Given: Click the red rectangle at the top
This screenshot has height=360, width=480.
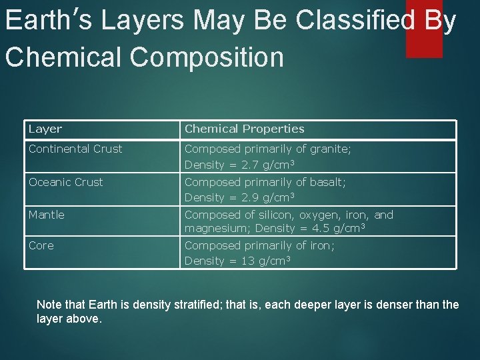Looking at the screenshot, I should tap(424, 28).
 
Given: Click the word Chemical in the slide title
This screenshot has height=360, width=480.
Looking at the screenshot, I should tap(64, 57).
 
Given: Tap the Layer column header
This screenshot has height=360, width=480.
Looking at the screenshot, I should tap(45, 129).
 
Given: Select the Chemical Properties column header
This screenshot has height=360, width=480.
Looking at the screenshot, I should tap(244, 129).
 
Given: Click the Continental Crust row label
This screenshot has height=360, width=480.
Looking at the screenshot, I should tap(75, 149).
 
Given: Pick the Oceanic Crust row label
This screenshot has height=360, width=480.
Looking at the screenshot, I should tap(66, 182).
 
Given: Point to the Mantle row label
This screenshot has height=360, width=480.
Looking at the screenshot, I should tap(47, 215).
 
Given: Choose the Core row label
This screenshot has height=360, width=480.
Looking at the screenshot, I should tap(41, 245).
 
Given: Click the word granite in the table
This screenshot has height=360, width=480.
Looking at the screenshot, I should tap(329, 149).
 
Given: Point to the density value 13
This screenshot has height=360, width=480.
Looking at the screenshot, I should tap(247, 261).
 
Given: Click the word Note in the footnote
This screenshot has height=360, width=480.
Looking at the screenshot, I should tap(49, 305).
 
